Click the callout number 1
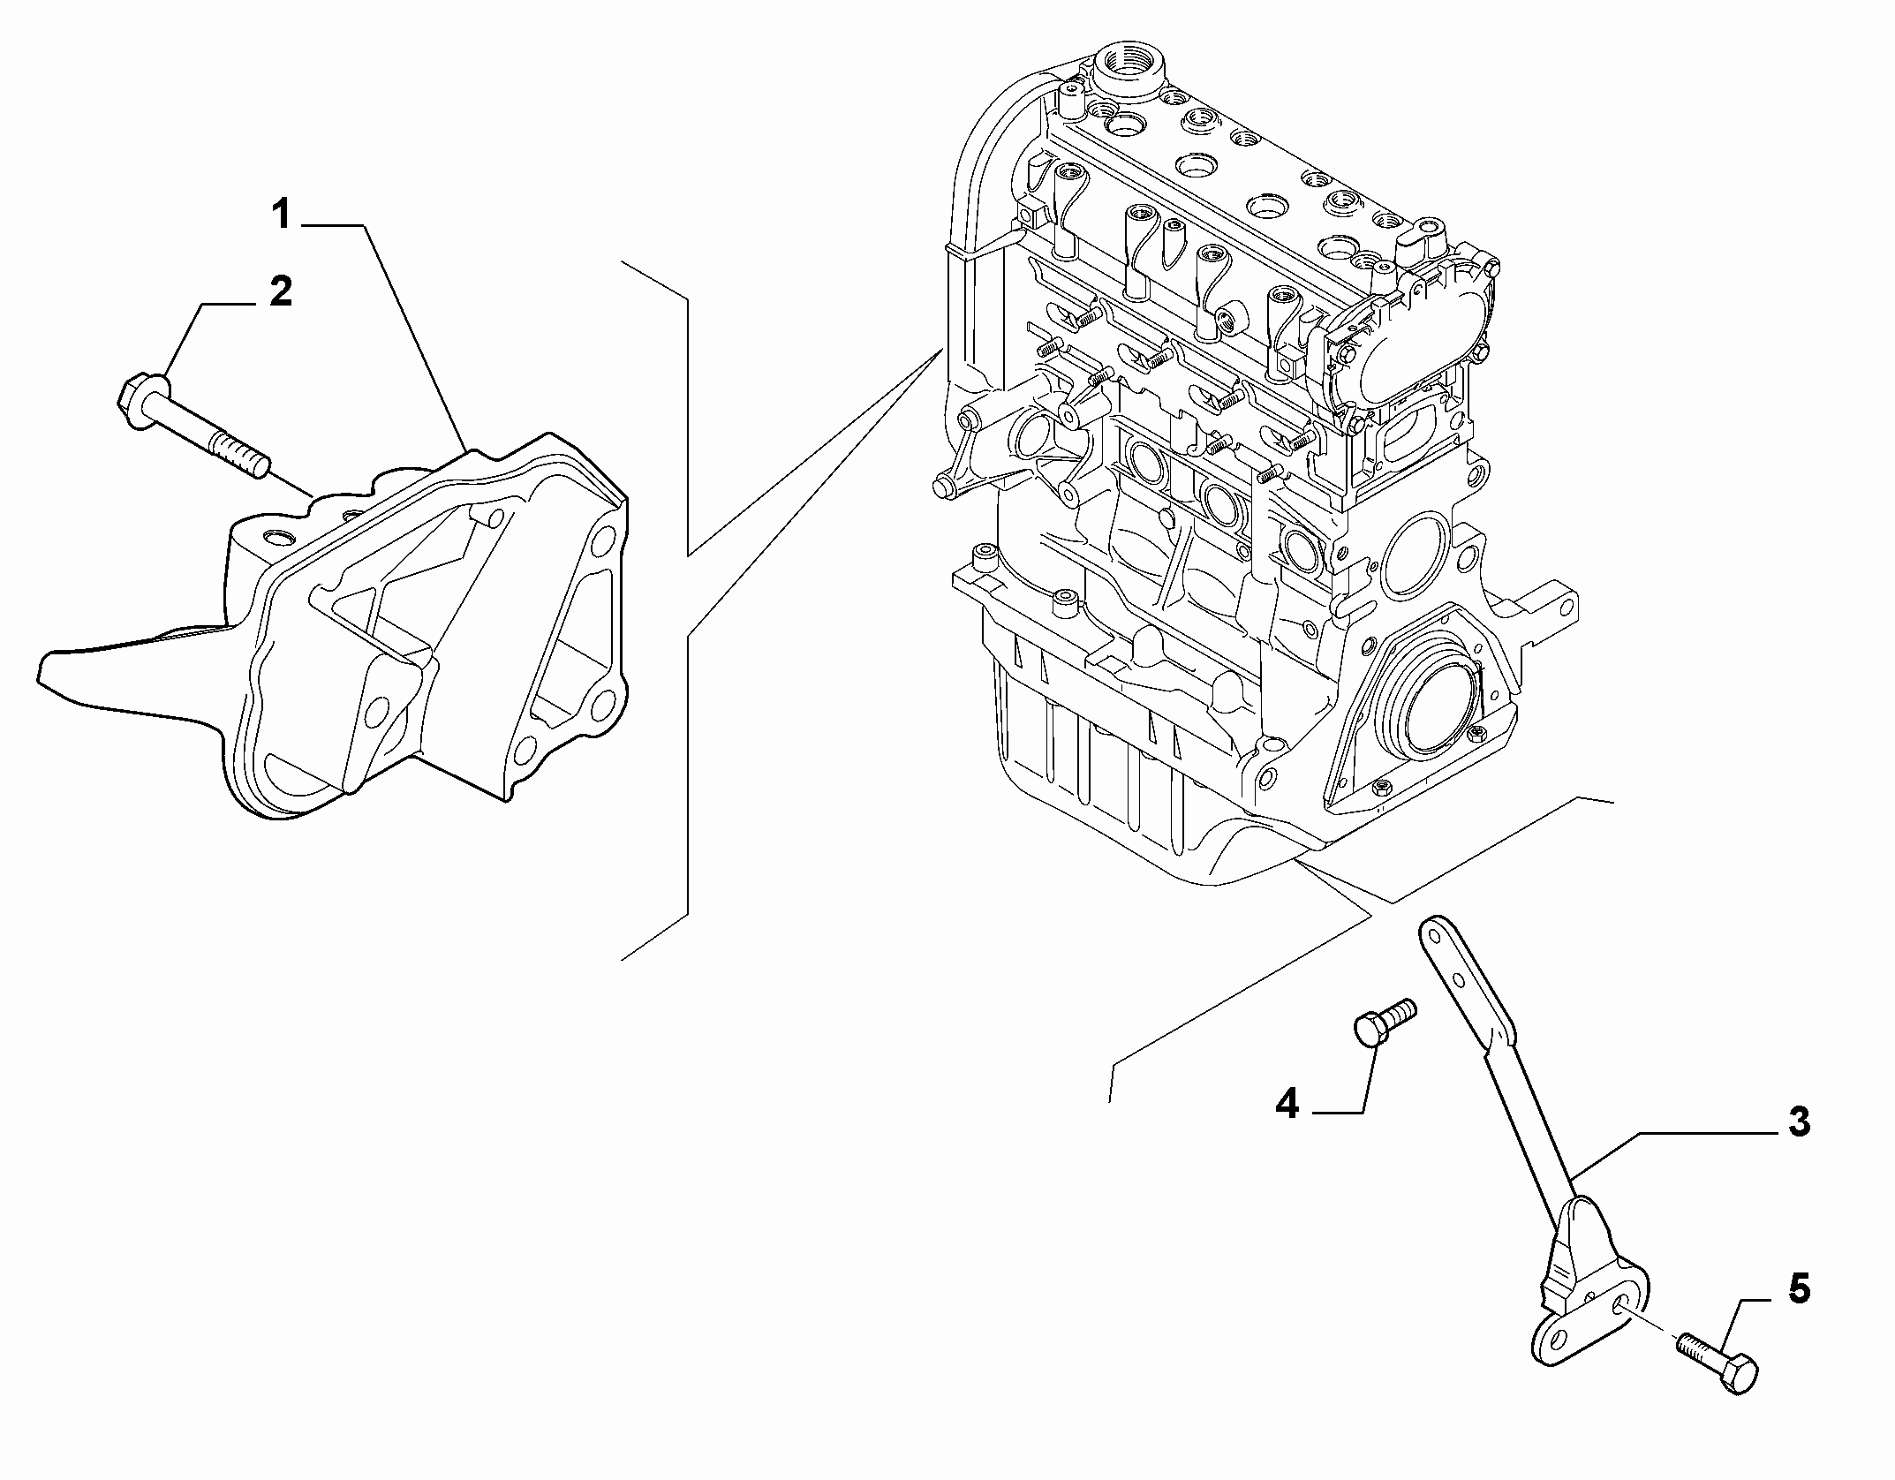click(x=281, y=214)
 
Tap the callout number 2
click(x=280, y=291)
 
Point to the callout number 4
click(x=1287, y=1104)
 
